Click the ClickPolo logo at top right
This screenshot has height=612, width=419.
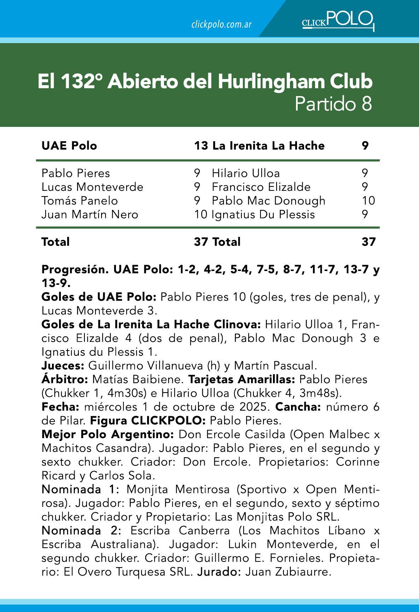point(338,20)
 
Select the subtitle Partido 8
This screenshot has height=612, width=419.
point(333,104)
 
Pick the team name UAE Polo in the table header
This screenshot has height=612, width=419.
point(69,146)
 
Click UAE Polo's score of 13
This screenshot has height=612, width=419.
point(201,146)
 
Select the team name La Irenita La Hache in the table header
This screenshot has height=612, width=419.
point(268,146)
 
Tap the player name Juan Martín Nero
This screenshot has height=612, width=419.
point(90,214)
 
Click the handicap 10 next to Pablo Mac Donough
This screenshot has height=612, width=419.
point(368,200)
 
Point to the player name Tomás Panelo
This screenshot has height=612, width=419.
point(80,200)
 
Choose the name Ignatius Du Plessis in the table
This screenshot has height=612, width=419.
point(263,214)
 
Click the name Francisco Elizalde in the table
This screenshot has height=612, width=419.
point(261,187)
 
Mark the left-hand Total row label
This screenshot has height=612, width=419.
point(56,242)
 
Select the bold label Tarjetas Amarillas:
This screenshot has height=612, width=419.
point(242,379)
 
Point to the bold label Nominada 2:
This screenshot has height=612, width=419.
point(82,530)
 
